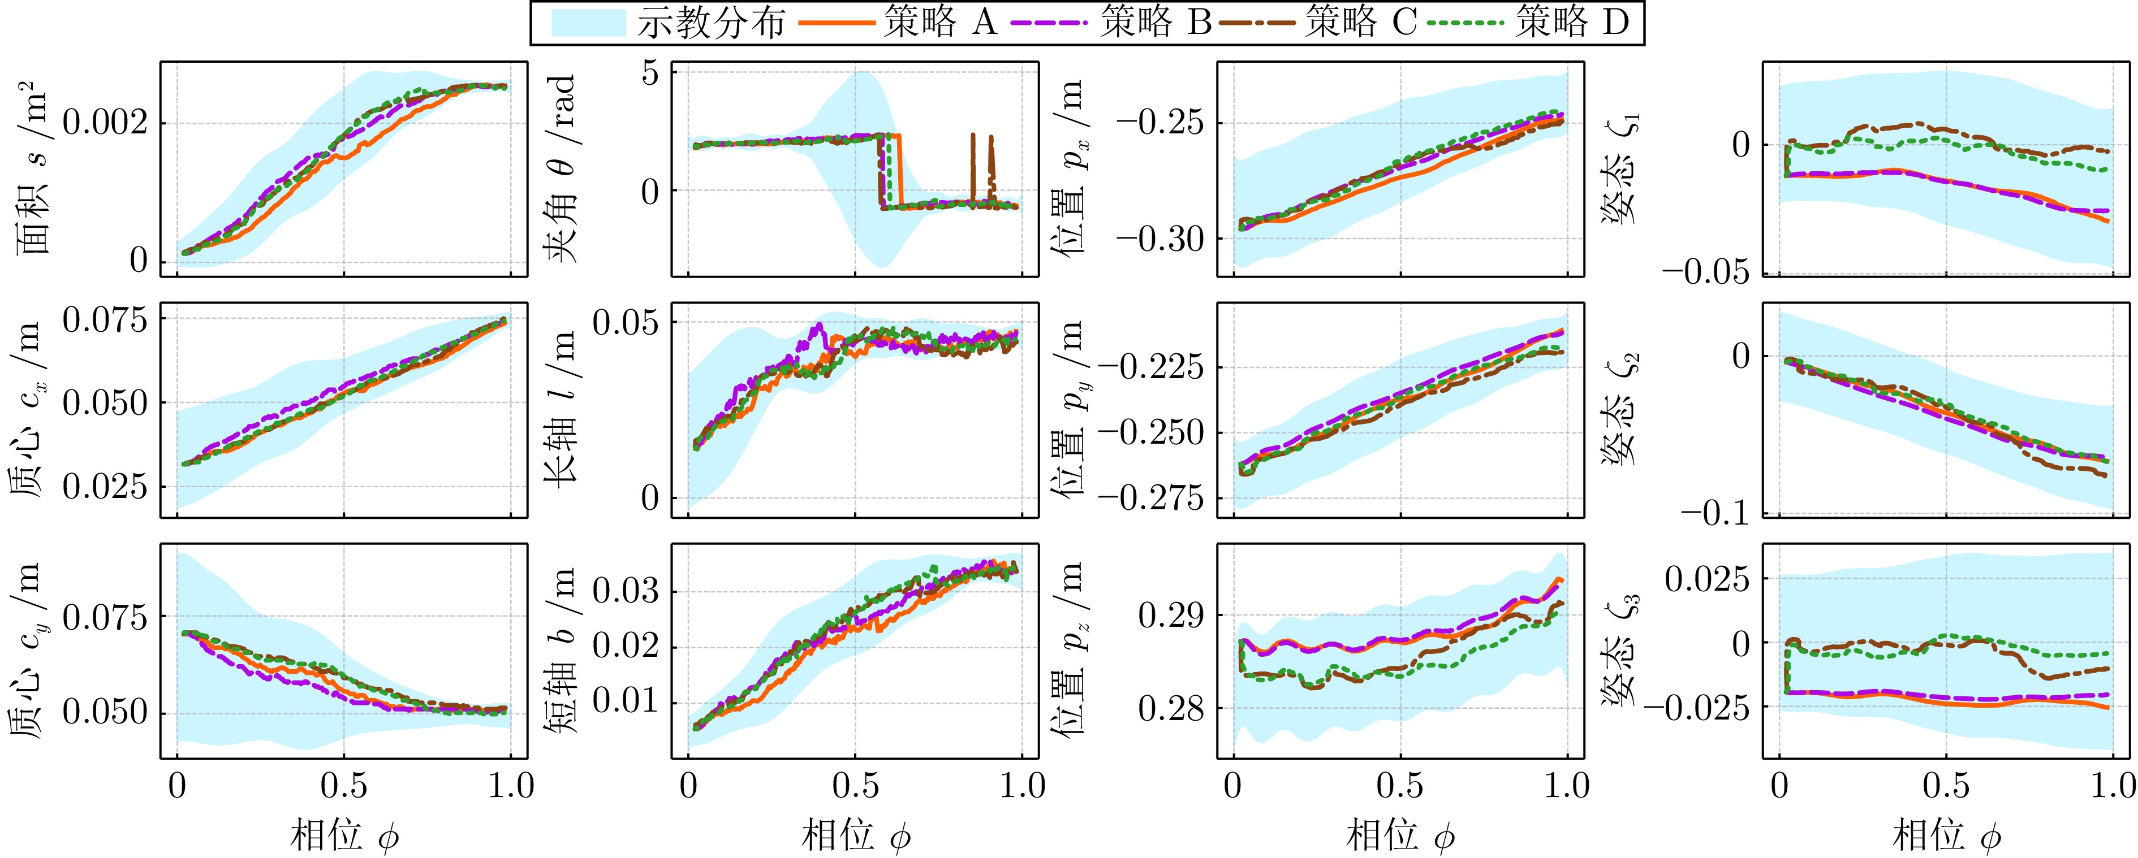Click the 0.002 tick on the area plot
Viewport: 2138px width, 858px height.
(105, 124)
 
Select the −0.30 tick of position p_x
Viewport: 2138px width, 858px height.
(1159, 239)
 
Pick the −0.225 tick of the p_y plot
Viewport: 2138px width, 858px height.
(1149, 367)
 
